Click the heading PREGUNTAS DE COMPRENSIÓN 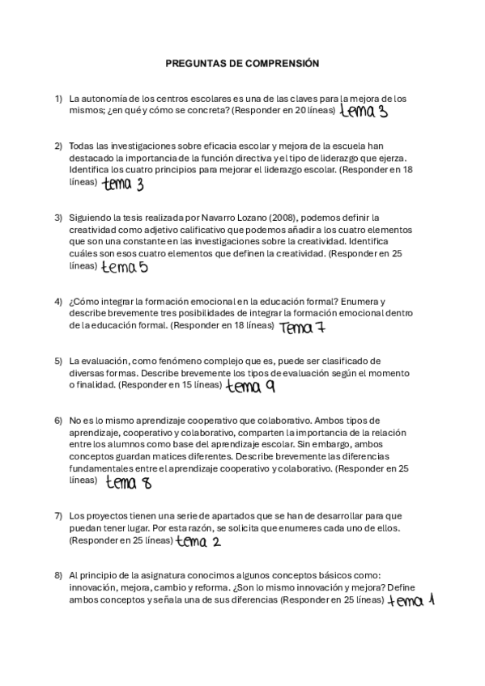pos(243,62)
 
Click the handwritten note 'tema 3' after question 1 pos(364,111)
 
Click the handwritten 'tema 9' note pos(250,387)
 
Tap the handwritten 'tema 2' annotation pos(198,541)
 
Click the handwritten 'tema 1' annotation pos(411,600)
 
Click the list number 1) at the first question pos(58,99)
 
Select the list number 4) pos(58,301)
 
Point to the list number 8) pos(58,575)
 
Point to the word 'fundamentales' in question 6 pos(100,468)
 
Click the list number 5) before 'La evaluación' pos(58,360)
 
